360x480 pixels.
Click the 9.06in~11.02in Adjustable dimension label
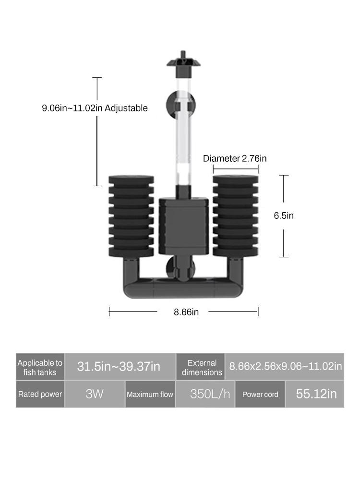[95, 108]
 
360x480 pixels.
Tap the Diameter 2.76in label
[235, 158]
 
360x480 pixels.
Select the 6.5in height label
[284, 216]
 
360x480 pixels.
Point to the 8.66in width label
[186, 312]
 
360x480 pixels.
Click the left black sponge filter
[131, 216]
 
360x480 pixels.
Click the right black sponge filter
[236, 216]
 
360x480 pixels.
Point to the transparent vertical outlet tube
[181, 139]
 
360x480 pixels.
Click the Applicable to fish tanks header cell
[40, 368]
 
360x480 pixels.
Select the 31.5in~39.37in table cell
[119, 367]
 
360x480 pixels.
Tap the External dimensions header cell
[202, 368]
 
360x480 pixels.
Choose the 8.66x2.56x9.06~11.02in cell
[285, 367]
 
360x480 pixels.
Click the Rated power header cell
[40, 394]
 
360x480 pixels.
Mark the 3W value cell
[95, 394]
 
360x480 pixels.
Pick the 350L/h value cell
[210, 394]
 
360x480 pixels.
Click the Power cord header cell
[260, 394]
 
